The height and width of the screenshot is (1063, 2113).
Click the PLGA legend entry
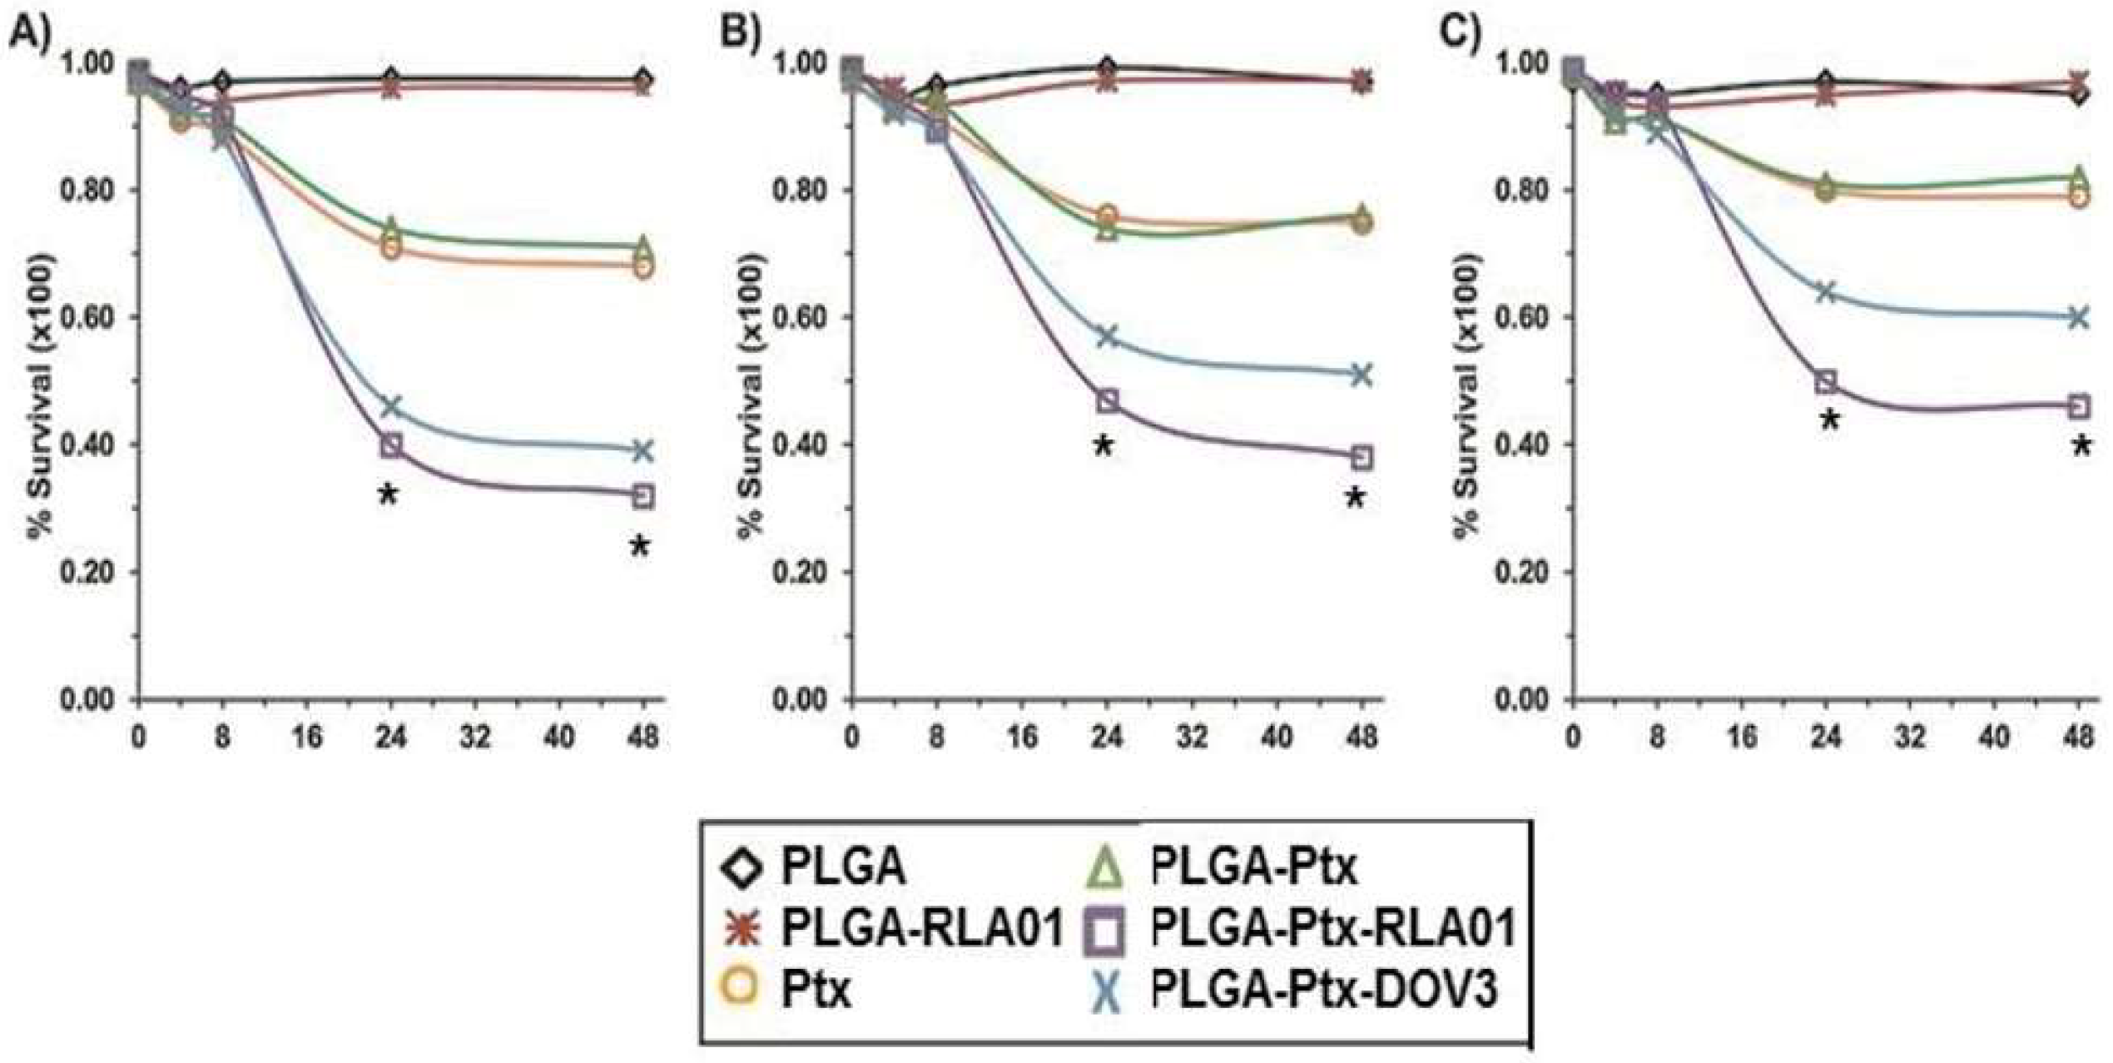(816, 867)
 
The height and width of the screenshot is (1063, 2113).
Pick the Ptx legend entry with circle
(786, 990)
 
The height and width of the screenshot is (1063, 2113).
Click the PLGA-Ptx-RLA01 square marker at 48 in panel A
(643, 497)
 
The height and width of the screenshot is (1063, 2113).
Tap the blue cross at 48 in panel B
(1362, 375)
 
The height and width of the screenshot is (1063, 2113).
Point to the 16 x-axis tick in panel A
(307, 738)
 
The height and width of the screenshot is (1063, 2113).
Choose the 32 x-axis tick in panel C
(1912, 738)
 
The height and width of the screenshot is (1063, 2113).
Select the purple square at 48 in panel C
(2078, 407)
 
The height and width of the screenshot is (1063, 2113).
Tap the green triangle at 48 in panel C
(2078, 177)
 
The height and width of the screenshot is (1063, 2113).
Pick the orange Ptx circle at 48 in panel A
(643, 266)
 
